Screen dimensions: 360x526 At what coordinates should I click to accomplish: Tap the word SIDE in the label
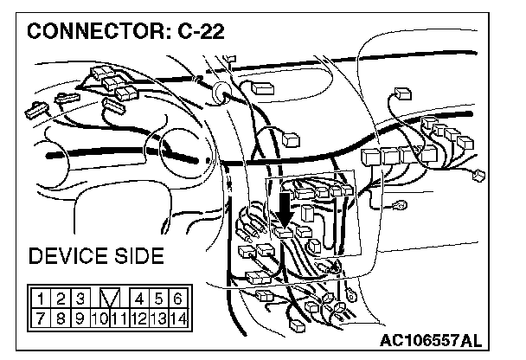(x=137, y=258)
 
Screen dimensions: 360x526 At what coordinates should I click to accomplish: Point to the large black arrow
(x=284, y=211)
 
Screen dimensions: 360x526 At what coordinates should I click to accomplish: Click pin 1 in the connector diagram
(x=42, y=299)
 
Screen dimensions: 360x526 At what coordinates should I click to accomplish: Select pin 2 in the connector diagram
(x=61, y=299)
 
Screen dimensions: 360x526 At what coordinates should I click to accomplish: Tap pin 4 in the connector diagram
(x=141, y=299)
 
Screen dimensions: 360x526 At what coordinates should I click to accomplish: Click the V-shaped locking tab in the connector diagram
(x=109, y=299)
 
